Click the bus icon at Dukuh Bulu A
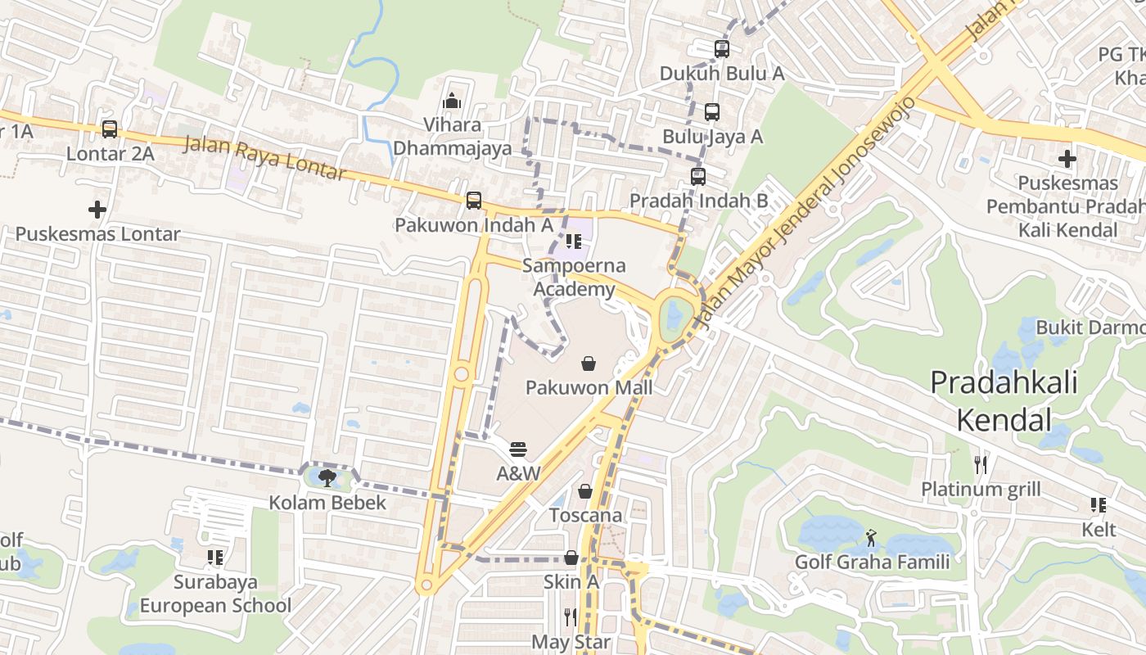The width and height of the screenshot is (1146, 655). (721, 49)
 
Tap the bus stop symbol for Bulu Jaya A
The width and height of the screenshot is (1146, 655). (712, 112)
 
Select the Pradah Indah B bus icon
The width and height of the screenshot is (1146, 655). (698, 176)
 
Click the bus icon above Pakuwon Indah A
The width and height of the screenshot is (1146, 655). (473, 201)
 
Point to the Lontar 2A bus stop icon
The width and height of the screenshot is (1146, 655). (110, 129)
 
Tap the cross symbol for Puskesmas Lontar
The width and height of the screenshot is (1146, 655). (97, 210)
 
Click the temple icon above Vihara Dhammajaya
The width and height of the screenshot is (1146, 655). (452, 102)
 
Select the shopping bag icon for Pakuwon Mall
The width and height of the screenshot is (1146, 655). (589, 363)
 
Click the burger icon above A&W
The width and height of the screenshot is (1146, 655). (518, 449)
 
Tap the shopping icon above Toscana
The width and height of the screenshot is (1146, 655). (585, 491)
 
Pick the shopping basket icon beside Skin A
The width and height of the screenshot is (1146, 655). (571, 558)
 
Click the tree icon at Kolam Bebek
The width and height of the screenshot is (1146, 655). (328, 477)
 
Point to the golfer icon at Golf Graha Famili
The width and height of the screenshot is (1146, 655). (872, 538)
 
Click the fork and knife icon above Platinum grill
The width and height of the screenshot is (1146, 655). (981, 465)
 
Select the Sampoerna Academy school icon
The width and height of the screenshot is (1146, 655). (574, 242)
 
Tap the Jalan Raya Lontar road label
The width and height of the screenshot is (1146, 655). (265, 159)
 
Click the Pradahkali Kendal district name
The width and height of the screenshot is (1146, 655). (1004, 401)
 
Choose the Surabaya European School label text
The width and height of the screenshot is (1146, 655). (215, 594)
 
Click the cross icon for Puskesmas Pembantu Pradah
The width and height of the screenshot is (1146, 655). (1067, 159)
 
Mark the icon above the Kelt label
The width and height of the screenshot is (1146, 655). (1099, 505)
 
